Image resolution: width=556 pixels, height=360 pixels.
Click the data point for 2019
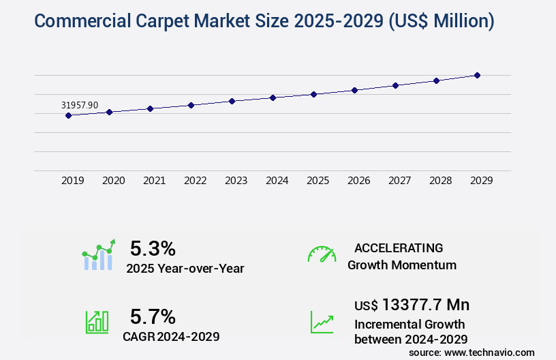pos(68,115)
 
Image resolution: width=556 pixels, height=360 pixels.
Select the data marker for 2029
pos(477,75)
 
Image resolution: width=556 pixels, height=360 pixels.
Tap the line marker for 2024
pos(273,97)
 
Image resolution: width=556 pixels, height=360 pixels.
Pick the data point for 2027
pos(395,85)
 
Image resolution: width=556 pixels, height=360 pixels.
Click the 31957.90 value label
pos(80,105)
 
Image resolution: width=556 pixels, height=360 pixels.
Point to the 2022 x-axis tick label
pos(196,181)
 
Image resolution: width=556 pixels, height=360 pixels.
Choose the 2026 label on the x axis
pos(359,181)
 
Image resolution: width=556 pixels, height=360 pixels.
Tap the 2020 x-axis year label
pos(114,181)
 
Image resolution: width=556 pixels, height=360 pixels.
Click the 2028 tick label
pos(441,181)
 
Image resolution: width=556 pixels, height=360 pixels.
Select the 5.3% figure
pos(153,248)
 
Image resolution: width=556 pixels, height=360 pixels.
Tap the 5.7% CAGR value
pos(153,316)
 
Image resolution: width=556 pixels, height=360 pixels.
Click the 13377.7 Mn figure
pos(426,304)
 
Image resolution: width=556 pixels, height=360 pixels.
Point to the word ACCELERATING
pos(399,247)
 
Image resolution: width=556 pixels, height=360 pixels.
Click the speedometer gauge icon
pos(322,254)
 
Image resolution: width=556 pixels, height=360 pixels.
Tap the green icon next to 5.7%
pos(97,322)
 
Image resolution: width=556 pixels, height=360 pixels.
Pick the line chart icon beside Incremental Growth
pos(322,322)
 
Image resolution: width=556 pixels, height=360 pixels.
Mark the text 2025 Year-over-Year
pos(185,268)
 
